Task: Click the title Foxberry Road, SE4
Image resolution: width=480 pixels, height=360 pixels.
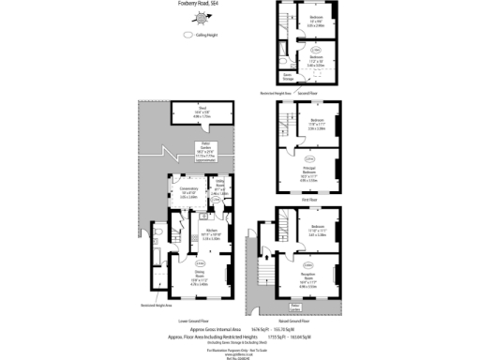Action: click(x=202, y=5)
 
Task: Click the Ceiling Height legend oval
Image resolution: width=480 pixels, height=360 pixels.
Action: click(x=188, y=36)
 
